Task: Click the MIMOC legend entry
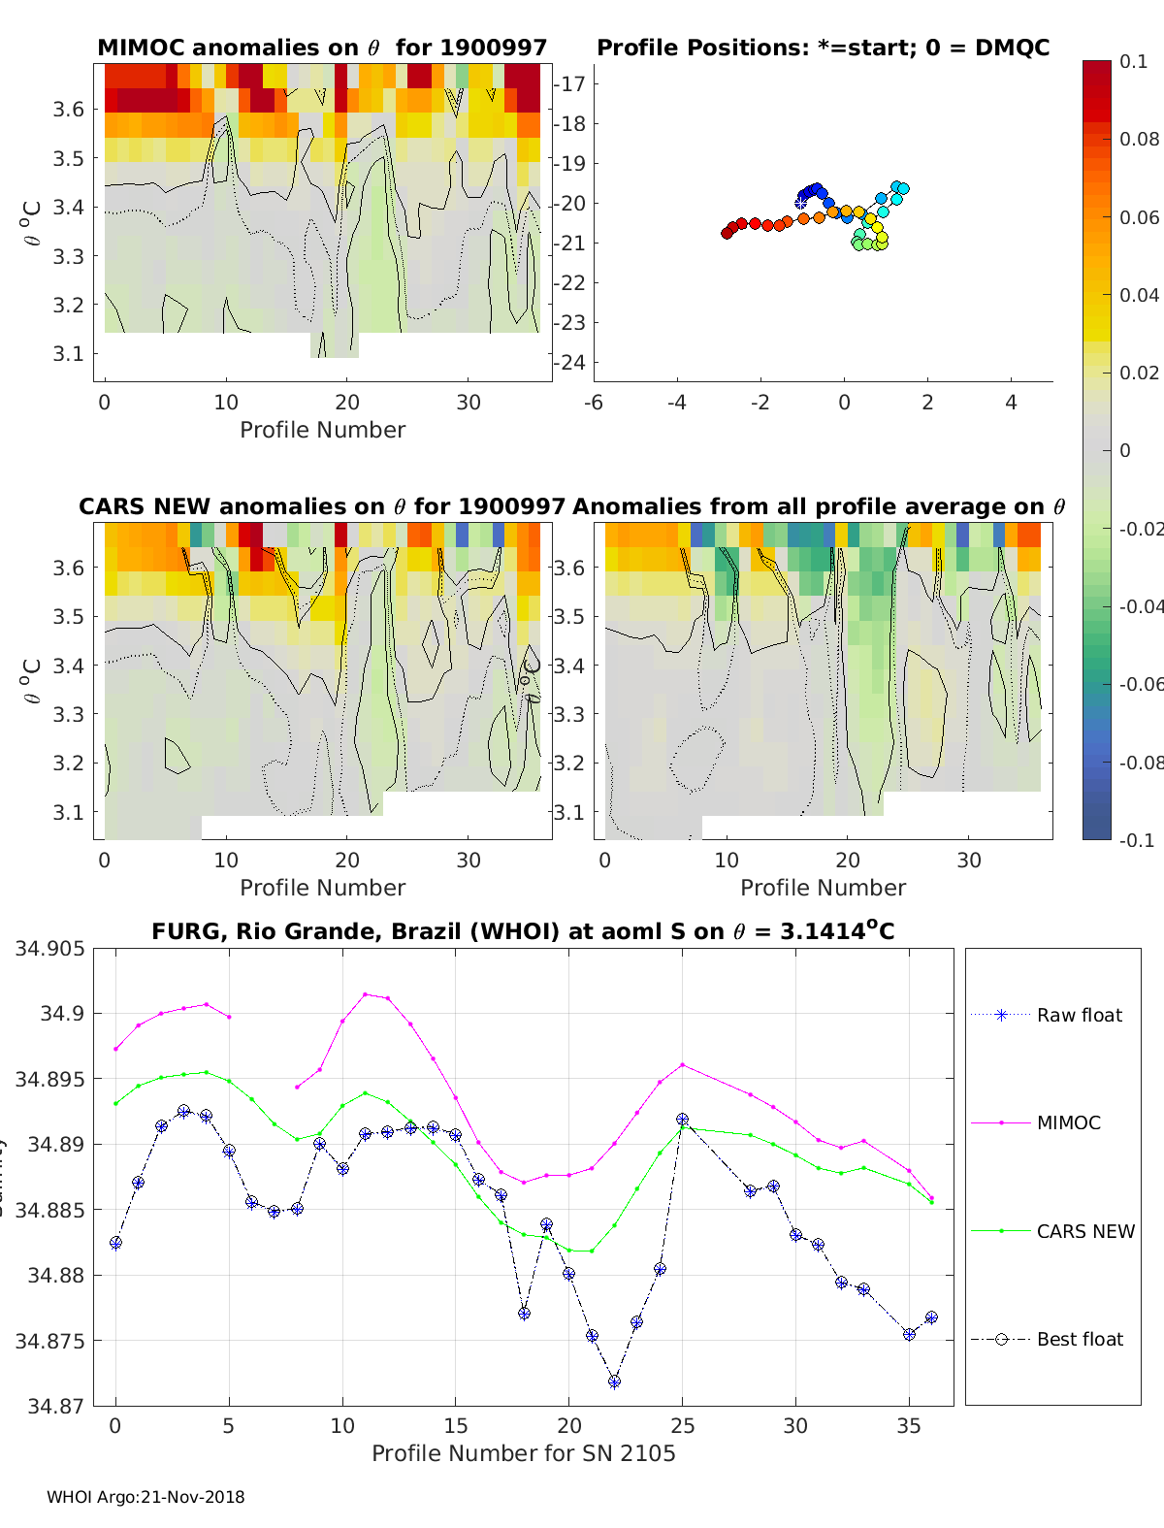(1068, 1122)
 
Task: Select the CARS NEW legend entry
(1084, 1231)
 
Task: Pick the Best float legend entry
(1080, 1339)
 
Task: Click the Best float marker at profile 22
(614, 1382)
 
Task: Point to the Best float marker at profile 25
(682, 1120)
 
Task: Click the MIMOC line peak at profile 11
(365, 994)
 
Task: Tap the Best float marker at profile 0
(115, 1243)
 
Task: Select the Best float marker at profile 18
(524, 1314)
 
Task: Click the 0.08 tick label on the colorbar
(1139, 139)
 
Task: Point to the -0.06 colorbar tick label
(1139, 684)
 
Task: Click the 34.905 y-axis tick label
(49, 948)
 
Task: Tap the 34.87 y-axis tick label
(55, 1406)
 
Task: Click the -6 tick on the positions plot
(595, 402)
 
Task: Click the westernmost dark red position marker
(727, 233)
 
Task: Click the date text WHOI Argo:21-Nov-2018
(145, 1497)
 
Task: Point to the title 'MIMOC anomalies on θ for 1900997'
(322, 48)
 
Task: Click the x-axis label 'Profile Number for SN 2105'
(523, 1453)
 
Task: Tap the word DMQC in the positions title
(1013, 48)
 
